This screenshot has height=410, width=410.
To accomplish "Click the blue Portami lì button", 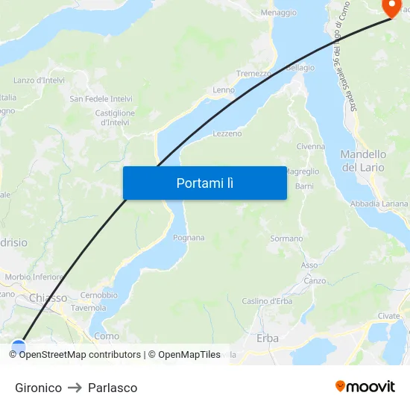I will (x=204, y=183).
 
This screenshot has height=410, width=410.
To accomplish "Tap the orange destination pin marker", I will (x=391, y=7).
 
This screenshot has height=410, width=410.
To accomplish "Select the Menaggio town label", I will (x=279, y=13).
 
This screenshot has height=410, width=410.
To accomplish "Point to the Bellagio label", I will (x=300, y=68).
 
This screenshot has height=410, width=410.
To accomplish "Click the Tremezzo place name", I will (x=253, y=74).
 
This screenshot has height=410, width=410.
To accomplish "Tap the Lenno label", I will (x=224, y=90).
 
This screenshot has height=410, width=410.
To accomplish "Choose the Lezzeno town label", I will (x=227, y=134).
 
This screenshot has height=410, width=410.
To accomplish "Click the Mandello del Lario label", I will (x=363, y=161).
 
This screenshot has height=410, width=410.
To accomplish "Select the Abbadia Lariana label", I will (x=379, y=204).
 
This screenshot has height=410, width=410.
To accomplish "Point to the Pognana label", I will (x=189, y=238).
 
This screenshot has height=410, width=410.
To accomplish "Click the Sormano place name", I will (x=286, y=239).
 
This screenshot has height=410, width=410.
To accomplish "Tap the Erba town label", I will (x=268, y=338).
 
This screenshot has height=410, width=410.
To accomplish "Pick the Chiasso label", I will (x=48, y=298).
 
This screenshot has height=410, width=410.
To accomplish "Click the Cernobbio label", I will (x=99, y=295).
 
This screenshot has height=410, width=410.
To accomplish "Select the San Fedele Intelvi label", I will (x=101, y=98).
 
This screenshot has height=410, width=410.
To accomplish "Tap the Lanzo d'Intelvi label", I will (x=38, y=81).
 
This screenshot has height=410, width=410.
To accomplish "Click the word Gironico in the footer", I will (x=38, y=388).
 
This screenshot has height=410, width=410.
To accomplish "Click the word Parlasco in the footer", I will (x=113, y=388).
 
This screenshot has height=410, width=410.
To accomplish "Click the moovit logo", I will (x=365, y=386).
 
